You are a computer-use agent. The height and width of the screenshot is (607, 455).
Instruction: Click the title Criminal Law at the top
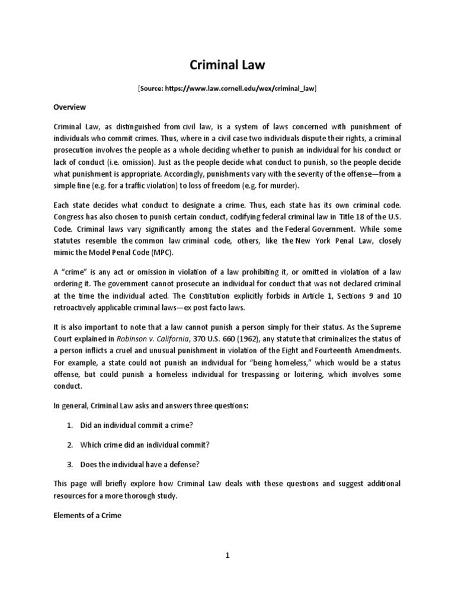coord(227,65)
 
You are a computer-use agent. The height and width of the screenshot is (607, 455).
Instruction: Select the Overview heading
coord(70,107)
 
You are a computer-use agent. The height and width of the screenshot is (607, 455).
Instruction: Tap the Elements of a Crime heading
coord(87,516)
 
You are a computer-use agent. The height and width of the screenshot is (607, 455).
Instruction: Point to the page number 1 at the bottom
coord(227,555)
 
